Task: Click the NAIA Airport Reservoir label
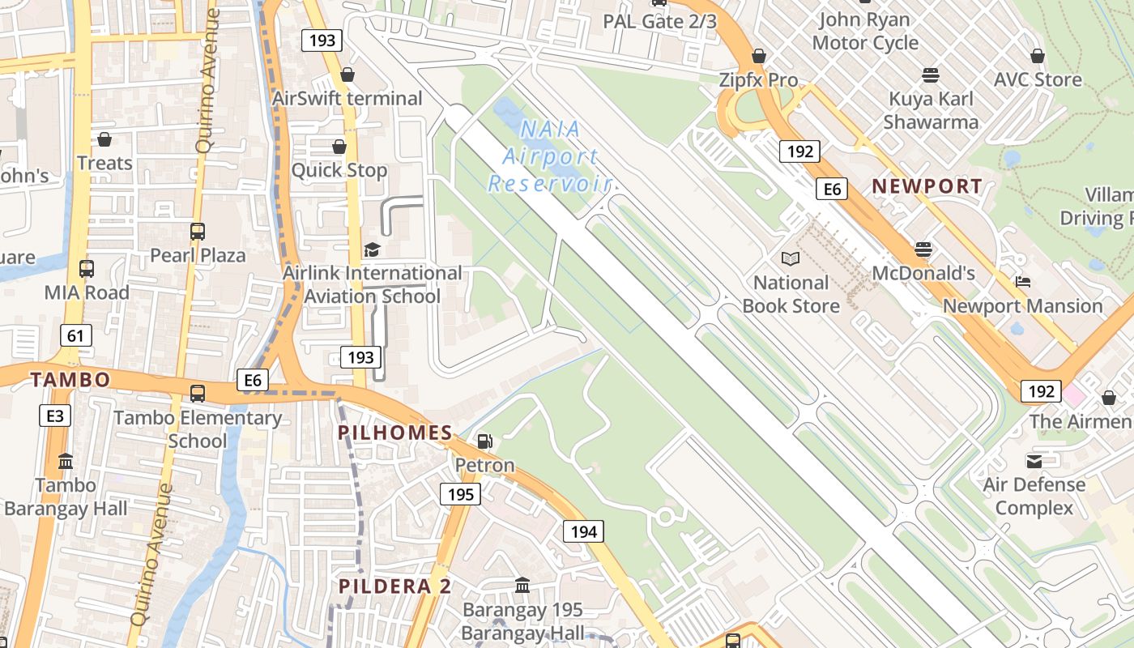click(x=550, y=156)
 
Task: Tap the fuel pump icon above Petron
click(x=484, y=441)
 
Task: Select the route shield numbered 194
click(x=583, y=531)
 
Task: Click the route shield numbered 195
click(x=460, y=494)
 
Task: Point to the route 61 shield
click(x=75, y=335)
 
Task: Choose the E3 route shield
click(x=55, y=416)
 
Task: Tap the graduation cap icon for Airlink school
click(x=372, y=249)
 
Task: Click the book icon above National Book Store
click(x=791, y=258)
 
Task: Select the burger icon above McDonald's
click(x=923, y=249)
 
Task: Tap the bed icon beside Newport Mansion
click(x=1023, y=282)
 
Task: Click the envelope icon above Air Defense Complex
click(x=1034, y=461)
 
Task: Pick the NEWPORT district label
click(x=927, y=185)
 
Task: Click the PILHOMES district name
click(x=395, y=433)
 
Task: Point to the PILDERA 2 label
click(x=394, y=586)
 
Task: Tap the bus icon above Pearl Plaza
click(x=198, y=232)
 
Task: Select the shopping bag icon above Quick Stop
click(x=339, y=147)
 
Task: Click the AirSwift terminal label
click(x=347, y=99)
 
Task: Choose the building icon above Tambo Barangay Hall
click(x=66, y=462)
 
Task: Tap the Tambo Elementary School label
click(x=198, y=429)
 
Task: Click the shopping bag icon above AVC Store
click(x=1038, y=56)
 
